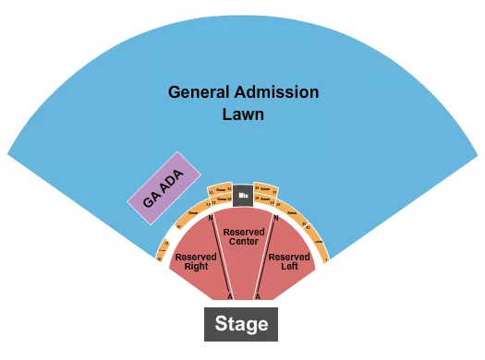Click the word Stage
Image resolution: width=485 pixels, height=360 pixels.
pos(241,324)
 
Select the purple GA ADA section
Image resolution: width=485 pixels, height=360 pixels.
pos(159,189)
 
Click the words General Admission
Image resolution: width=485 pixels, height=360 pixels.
pos(243,93)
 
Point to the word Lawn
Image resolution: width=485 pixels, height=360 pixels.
pos(243,115)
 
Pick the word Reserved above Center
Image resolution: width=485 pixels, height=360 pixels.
pos(244,231)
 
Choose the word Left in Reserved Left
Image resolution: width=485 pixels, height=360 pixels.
pos(289,268)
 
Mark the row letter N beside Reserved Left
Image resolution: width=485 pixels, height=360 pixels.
pos(274,219)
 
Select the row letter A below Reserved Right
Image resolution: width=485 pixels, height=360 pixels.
pos(229,295)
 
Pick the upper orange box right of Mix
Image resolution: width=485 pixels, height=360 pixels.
pos(265,188)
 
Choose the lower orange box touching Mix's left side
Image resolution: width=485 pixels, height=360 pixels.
pos(219,201)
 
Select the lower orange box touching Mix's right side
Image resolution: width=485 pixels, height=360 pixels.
pos(265,201)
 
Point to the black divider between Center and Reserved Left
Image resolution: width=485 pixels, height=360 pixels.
pos(263,258)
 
